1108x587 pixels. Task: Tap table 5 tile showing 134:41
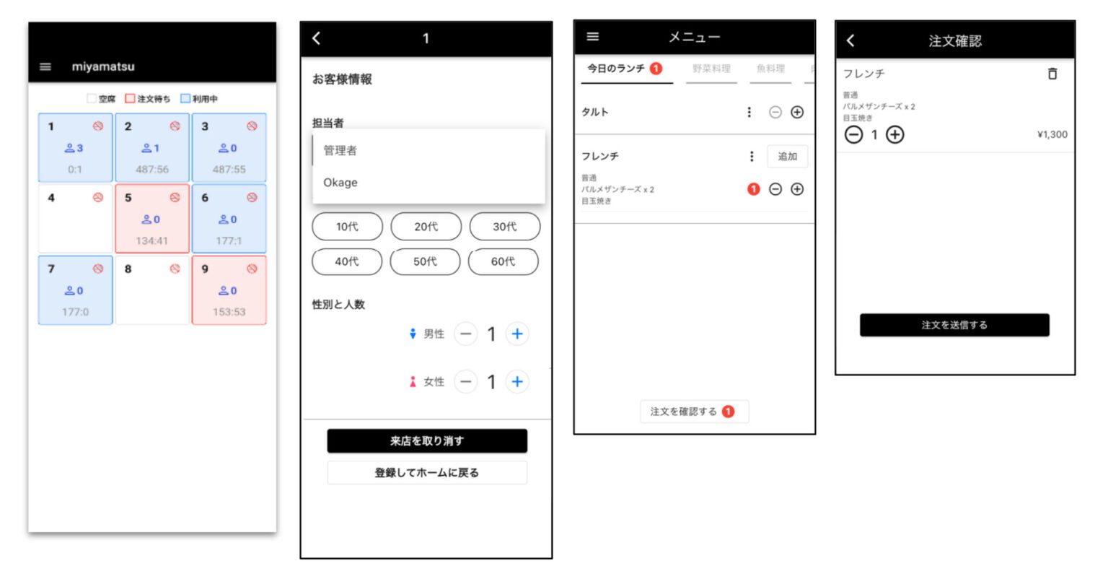pos(151,218)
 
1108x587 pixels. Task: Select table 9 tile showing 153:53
pos(229,290)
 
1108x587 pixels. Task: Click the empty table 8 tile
pos(151,290)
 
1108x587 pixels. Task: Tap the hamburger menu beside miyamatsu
pos(45,66)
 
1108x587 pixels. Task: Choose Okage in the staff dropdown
pos(340,183)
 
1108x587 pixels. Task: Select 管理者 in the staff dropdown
pos(340,150)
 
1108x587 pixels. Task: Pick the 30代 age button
pos(504,227)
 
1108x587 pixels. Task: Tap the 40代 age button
pos(346,261)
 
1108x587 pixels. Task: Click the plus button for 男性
pos(516,334)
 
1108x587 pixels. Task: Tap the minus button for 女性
pos(466,381)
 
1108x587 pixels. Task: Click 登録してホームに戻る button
pos(426,473)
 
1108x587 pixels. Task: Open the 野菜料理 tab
pos(711,69)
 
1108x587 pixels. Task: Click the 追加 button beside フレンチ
pos(787,157)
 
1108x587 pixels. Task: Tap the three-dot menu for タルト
pos(749,112)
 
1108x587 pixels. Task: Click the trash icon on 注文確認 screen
pos(1052,74)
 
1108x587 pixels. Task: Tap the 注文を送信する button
pos(954,325)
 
